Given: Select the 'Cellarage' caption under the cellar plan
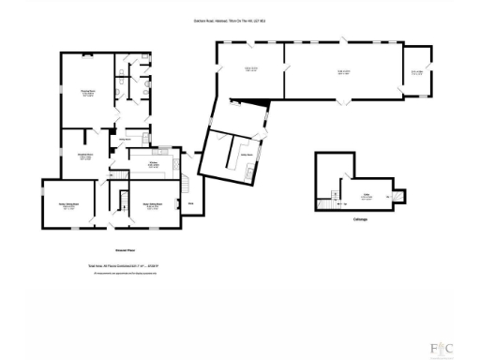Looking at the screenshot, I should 360,220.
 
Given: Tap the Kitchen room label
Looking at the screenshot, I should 151,162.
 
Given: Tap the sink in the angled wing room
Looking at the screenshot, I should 247,173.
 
